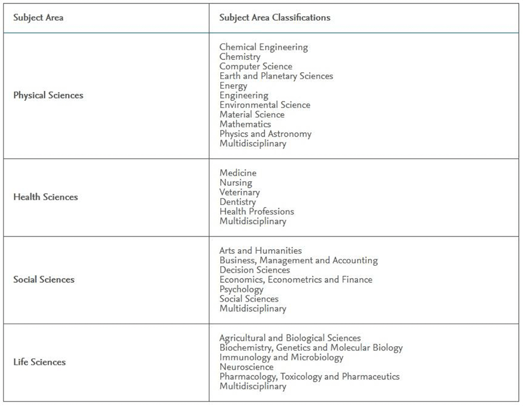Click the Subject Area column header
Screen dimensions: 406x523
click(x=39, y=17)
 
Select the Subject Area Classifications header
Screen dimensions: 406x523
click(x=274, y=17)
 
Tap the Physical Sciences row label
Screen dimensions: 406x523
click(x=48, y=95)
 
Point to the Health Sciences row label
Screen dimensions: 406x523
click(x=46, y=197)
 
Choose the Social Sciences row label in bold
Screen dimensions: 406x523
click(x=44, y=280)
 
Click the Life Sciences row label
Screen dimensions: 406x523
click(x=40, y=362)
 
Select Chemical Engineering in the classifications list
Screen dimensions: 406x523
click(x=264, y=47)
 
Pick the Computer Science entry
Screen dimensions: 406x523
click(x=255, y=66)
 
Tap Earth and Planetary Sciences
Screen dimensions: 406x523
click(x=276, y=76)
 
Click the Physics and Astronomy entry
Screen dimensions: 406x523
click(x=265, y=134)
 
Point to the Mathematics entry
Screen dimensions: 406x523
click(x=245, y=124)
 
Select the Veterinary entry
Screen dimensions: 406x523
click(x=239, y=192)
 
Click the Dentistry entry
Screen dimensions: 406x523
click(x=238, y=202)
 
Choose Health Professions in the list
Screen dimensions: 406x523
click(x=257, y=212)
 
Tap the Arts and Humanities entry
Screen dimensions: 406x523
click(x=261, y=250)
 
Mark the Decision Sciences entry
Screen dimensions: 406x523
click(x=254, y=270)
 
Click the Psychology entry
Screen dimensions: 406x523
click(x=241, y=289)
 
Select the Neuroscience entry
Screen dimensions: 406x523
click(x=246, y=367)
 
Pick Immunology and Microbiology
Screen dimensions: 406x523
click(x=281, y=357)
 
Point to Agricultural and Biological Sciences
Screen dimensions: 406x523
click(x=290, y=338)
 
